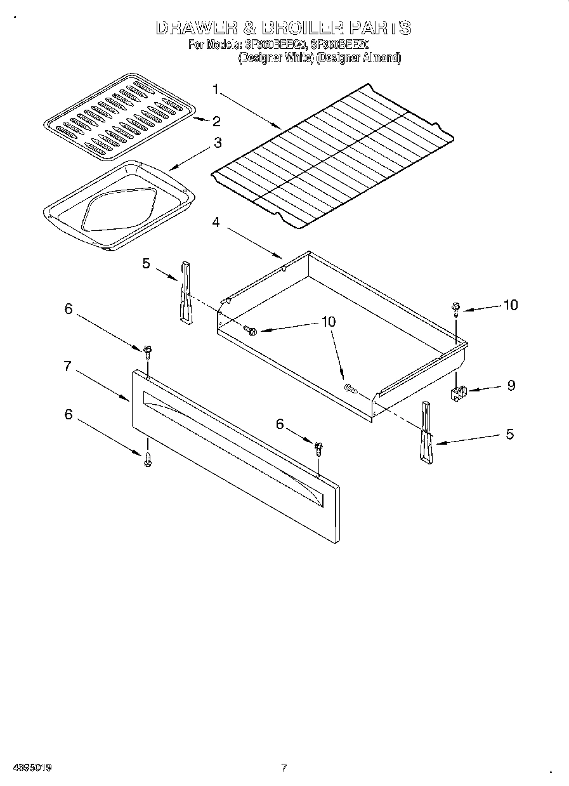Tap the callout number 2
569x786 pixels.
(x=216, y=121)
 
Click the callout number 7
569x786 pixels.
(x=67, y=366)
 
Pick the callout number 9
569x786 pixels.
(x=511, y=385)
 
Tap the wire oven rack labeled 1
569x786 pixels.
(x=333, y=155)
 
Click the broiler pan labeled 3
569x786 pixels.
(x=117, y=206)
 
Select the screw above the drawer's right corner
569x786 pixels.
(x=456, y=308)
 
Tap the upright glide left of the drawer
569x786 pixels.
(x=185, y=292)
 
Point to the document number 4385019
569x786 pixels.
(x=30, y=768)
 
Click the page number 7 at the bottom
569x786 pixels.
(x=284, y=768)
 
